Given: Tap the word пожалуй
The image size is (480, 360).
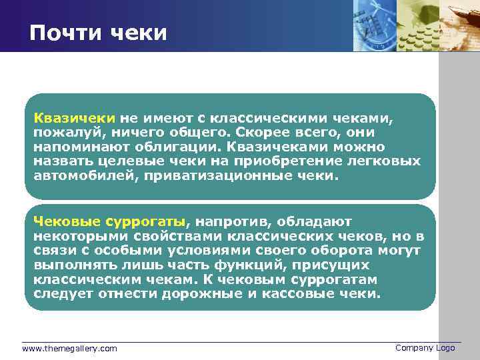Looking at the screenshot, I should click(x=61, y=132).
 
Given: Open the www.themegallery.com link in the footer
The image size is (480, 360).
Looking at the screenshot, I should click(x=69, y=348).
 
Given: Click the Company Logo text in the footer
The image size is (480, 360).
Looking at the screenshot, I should click(x=425, y=347).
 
